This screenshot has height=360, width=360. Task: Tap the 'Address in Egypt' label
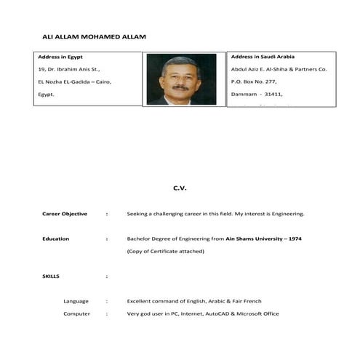pyautogui.click(x=60, y=57)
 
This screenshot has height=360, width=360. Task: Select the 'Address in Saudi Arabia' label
pyautogui.click(x=262, y=56)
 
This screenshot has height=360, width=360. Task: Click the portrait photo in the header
pyautogui.click(x=181, y=79)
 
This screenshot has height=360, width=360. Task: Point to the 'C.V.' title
pyautogui.click(x=180, y=188)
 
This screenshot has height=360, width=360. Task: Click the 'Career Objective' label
pyautogui.click(x=65, y=214)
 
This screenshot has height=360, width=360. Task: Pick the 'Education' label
pyautogui.click(x=56, y=239)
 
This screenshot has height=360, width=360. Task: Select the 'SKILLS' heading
pyautogui.click(x=51, y=276)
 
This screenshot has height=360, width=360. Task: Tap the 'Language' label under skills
pyautogui.click(x=76, y=301)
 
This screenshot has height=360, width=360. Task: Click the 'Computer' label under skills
pyautogui.click(x=76, y=313)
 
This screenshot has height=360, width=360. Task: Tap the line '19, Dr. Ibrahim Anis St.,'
pyautogui.click(x=68, y=69)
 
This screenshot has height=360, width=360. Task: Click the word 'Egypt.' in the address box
pyautogui.click(x=47, y=95)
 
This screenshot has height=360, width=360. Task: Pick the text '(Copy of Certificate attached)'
pyautogui.click(x=165, y=251)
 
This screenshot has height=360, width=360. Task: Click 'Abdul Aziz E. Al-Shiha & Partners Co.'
pyautogui.click(x=279, y=69)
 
